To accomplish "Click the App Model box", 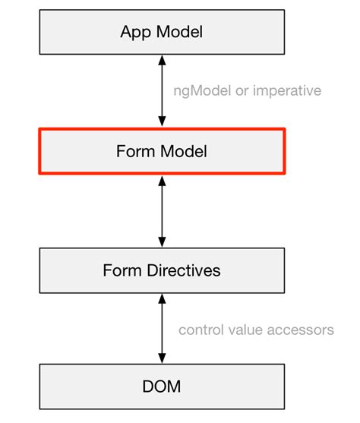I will coord(162,31).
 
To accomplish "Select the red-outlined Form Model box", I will coord(162,150).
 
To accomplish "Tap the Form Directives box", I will coord(162,270).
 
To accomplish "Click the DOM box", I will coord(162,387).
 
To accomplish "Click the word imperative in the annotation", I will coord(286,91).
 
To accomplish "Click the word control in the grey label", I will coord(199,330).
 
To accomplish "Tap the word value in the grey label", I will coord(243,330).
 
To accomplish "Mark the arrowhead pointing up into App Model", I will coord(162,60).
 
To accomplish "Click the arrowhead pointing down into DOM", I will coord(162,358).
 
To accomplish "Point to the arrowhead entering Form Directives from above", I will coord(162,241).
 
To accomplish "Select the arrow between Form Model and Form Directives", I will coord(162,210).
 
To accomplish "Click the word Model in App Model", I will coord(178,32).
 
